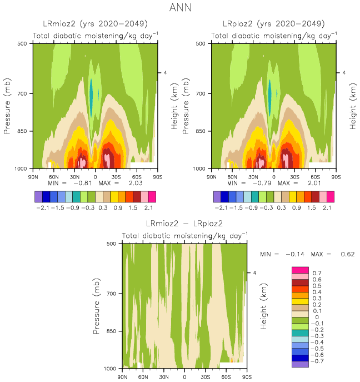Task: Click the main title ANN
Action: coord(181,9)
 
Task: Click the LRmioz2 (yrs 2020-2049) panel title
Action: coord(95,24)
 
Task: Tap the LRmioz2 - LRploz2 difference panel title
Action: coord(184,224)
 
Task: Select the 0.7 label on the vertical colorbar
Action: coord(317,274)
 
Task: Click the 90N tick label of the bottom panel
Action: coord(123,376)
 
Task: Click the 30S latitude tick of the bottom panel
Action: coord(206,376)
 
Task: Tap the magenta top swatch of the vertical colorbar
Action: coord(299,270)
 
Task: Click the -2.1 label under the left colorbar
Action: coord(42,207)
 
